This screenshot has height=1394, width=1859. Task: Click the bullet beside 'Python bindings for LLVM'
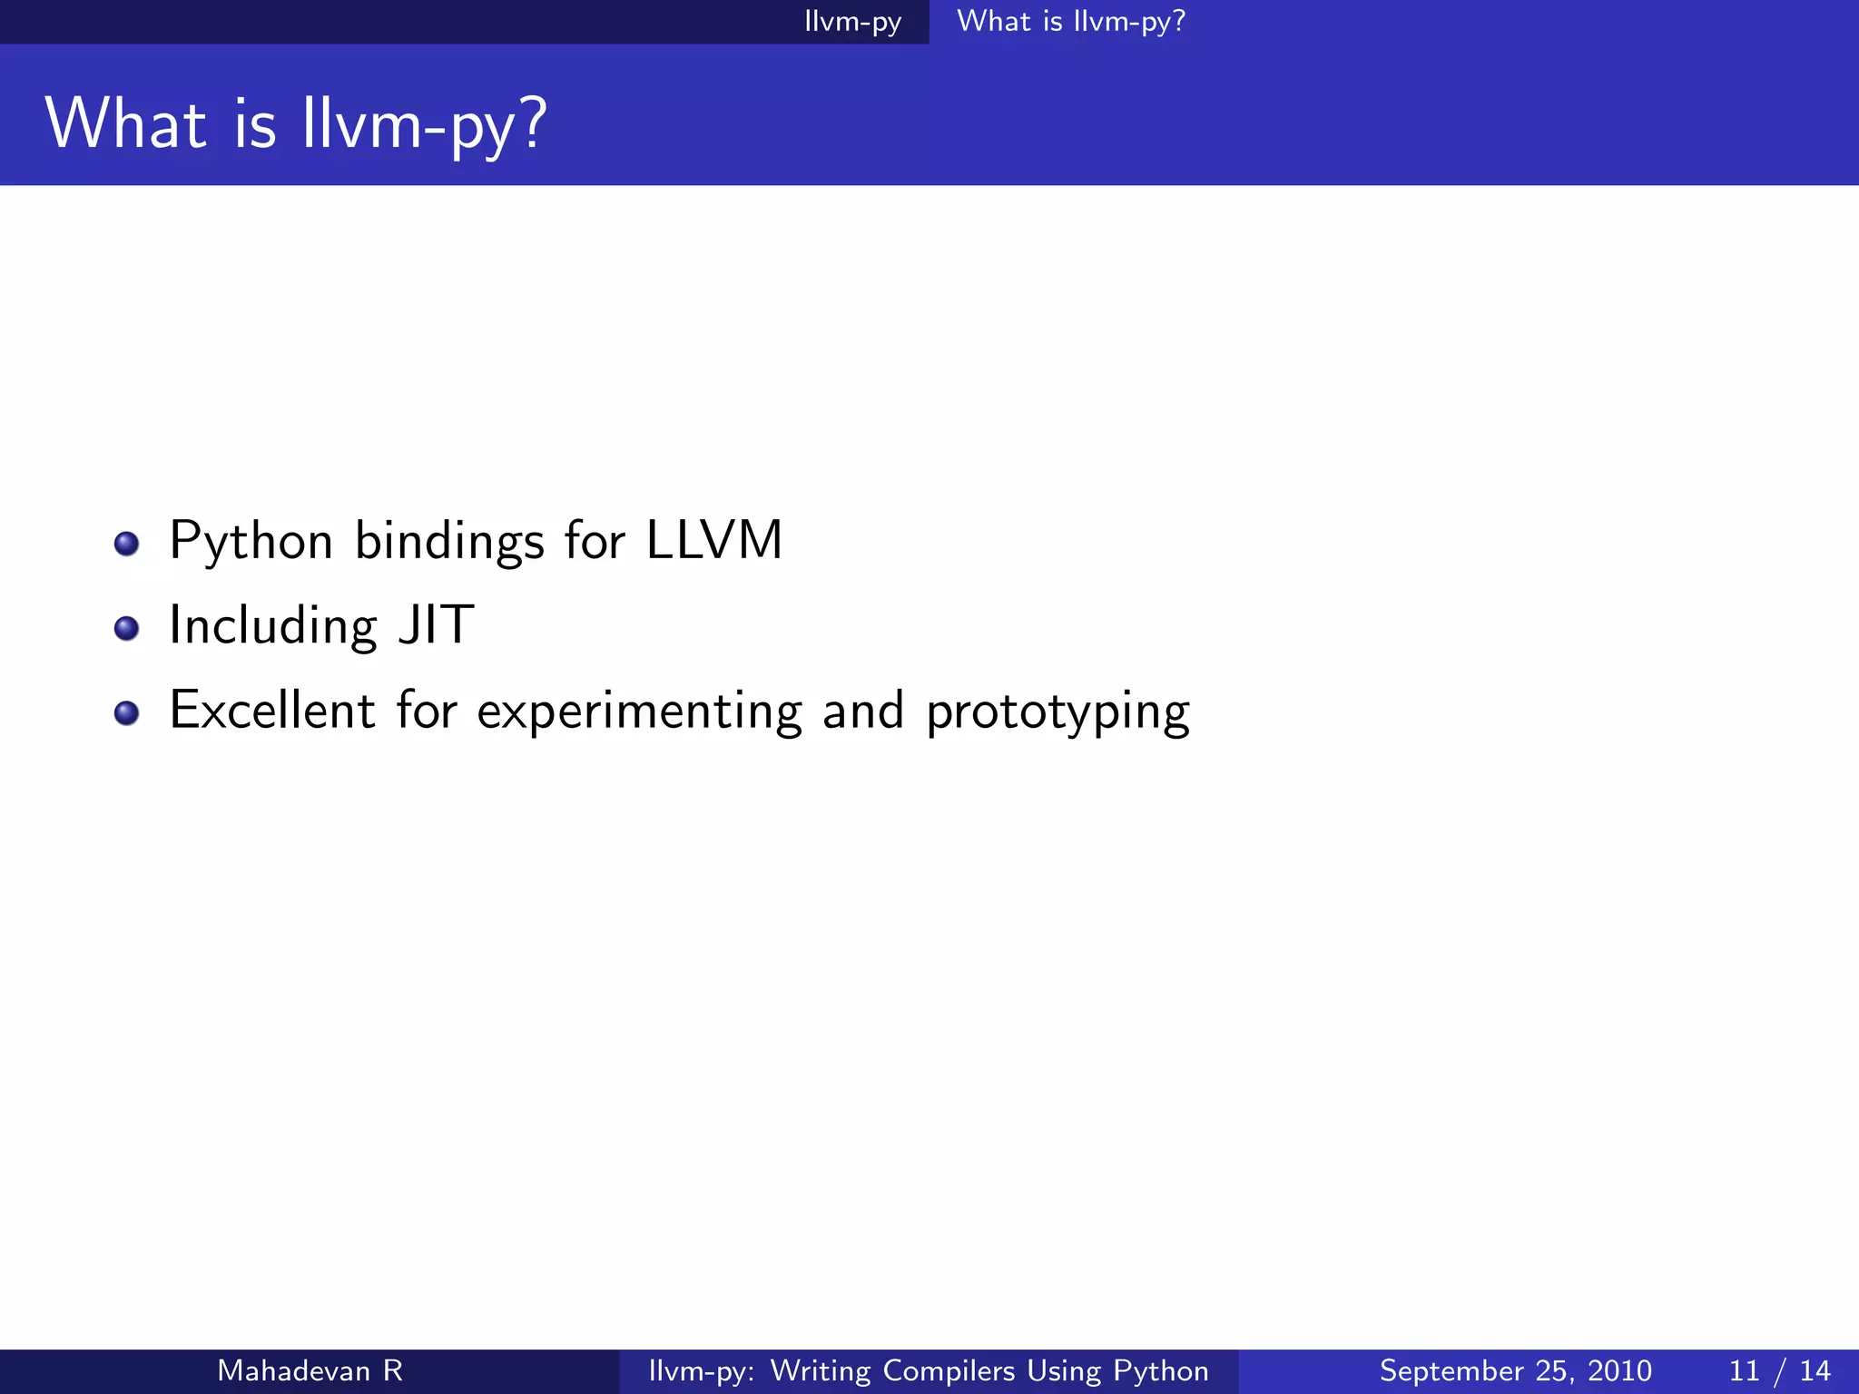point(126,544)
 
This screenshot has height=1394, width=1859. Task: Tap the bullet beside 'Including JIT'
point(126,628)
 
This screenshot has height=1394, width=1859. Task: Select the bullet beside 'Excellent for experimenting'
point(126,712)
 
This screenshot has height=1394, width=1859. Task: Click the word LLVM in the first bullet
point(713,541)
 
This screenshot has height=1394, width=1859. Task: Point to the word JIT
point(437,625)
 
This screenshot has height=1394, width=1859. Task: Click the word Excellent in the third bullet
point(271,710)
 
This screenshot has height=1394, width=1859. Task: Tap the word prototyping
point(1057,712)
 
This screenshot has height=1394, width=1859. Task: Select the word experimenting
point(639,712)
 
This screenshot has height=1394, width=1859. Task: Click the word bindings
point(449,543)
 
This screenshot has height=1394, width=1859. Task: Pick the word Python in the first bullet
point(251,543)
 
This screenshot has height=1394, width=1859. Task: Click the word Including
point(273,627)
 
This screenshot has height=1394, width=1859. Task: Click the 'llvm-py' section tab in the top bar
point(852,22)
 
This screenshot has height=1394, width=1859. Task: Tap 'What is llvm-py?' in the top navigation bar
point(1071,22)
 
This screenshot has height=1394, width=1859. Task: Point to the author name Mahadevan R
point(310,1370)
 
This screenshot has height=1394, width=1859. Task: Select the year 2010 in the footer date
point(1619,1370)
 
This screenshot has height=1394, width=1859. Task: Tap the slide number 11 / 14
point(1779,1370)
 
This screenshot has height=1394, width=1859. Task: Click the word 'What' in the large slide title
point(125,123)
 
